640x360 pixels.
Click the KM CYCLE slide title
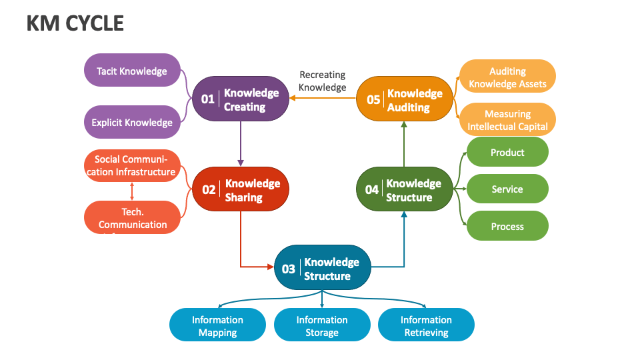point(75,23)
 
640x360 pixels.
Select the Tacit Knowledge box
point(132,71)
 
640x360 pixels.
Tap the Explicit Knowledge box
point(132,122)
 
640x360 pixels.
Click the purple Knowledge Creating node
point(241,99)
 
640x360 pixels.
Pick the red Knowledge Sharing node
point(241,189)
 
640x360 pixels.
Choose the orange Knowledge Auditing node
point(405,99)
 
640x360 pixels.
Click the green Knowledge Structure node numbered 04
point(405,189)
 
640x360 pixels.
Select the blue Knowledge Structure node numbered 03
point(323,269)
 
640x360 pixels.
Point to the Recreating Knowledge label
point(322,81)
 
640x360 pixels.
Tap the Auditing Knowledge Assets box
point(507,77)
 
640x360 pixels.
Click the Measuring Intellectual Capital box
point(507,120)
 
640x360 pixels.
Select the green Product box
point(507,152)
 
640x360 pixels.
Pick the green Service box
point(507,189)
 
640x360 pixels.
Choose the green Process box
point(507,226)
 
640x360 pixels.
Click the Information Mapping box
point(217,325)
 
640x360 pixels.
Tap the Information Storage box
point(322,325)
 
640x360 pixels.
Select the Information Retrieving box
point(426,325)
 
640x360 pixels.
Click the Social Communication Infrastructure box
point(132,165)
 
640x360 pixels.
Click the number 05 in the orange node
point(373,99)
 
